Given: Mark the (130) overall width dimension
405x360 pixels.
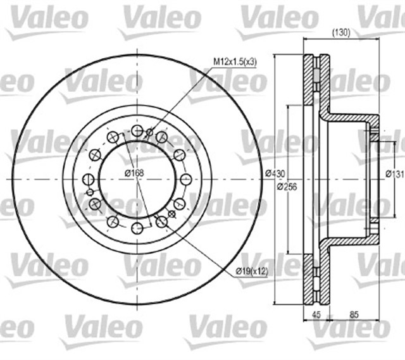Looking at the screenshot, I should tap(342, 33).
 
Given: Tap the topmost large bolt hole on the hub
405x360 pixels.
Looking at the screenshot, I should tap(137, 131).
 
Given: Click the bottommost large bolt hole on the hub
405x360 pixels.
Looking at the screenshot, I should tap(137, 228).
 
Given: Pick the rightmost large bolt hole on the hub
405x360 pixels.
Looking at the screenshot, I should tap(186, 179).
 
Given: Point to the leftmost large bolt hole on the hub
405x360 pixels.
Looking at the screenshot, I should tap(89, 179).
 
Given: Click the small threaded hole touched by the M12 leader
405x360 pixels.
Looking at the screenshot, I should tap(150, 132).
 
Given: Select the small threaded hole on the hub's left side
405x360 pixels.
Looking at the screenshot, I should tap(90, 192).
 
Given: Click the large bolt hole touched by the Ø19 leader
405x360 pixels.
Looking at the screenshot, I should tap(162, 221).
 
